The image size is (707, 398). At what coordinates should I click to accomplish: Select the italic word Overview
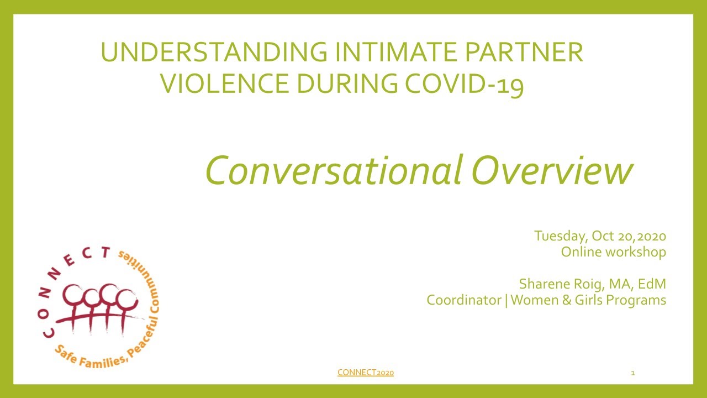coord(552,170)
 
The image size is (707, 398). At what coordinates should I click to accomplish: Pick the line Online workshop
coord(613,252)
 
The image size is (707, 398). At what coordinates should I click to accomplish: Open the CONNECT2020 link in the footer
coord(365,373)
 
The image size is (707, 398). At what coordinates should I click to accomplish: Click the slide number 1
coord(632,373)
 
